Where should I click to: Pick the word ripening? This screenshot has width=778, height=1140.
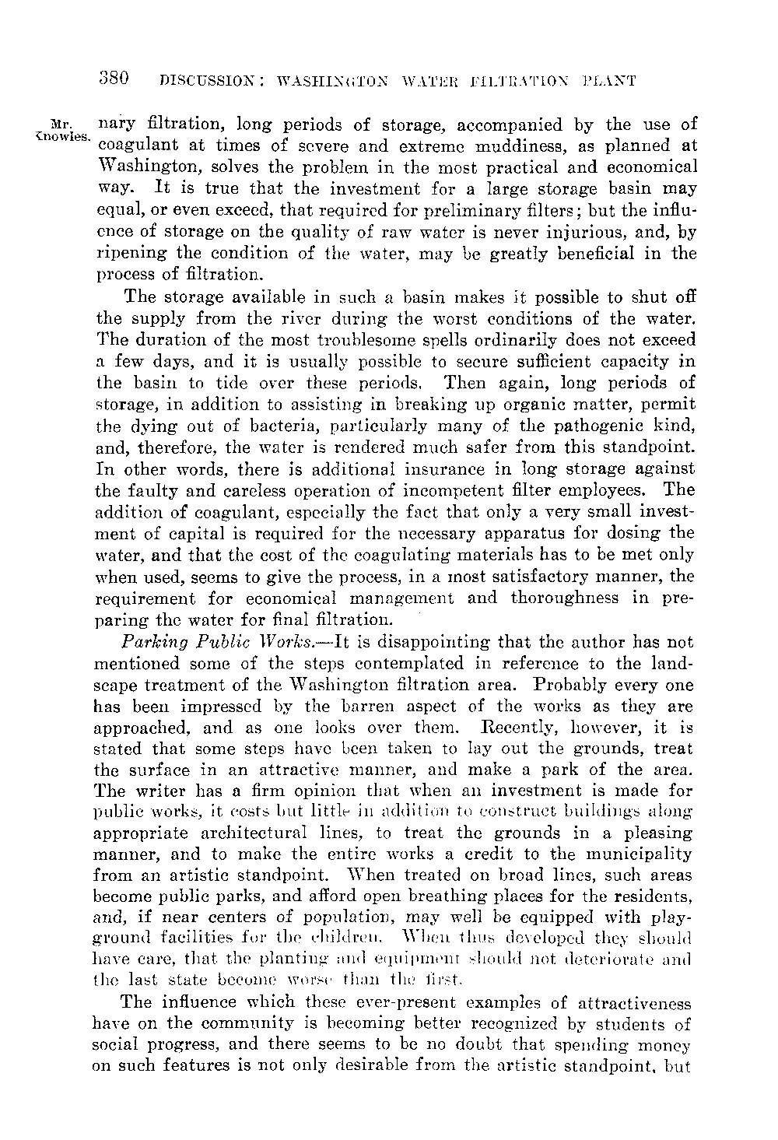(x=127, y=254)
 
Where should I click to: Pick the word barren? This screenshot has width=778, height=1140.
(x=428, y=707)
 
